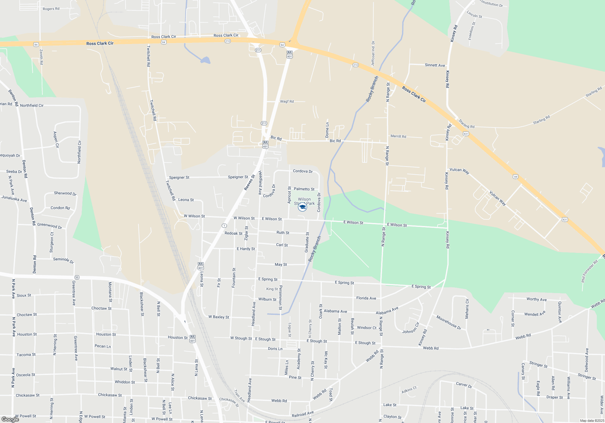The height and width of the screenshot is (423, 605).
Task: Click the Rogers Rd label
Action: (x=51, y=9)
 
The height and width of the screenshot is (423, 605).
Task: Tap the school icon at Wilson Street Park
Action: (x=302, y=207)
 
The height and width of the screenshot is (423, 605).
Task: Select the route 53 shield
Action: (x=77, y=277)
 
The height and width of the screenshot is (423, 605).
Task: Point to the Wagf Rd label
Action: (x=287, y=102)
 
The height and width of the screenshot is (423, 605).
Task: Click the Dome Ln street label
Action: (x=327, y=130)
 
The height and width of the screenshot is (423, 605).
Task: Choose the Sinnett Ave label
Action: (x=435, y=65)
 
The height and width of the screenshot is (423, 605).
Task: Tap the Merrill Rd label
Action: (x=398, y=136)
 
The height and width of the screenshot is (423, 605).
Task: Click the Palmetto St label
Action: (x=304, y=189)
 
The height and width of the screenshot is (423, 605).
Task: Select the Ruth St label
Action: (x=283, y=233)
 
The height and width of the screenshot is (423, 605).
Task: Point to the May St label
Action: (x=281, y=264)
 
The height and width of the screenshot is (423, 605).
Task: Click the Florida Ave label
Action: (x=366, y=298)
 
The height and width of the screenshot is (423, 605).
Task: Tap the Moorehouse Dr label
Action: (x=449, y=322)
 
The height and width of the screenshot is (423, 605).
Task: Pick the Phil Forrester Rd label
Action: (x=590, y=271)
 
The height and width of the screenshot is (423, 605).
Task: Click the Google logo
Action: (x=10, y=419)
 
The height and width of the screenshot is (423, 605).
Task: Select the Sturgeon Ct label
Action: (x=51, y=242)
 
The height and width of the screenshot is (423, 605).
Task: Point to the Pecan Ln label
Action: (x=103, y=346)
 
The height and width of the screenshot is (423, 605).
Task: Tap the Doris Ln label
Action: (x=275, y=349)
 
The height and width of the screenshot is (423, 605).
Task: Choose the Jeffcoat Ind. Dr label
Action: (x=373, y=53)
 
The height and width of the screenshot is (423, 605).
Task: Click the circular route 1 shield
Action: (x=224, y=226)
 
